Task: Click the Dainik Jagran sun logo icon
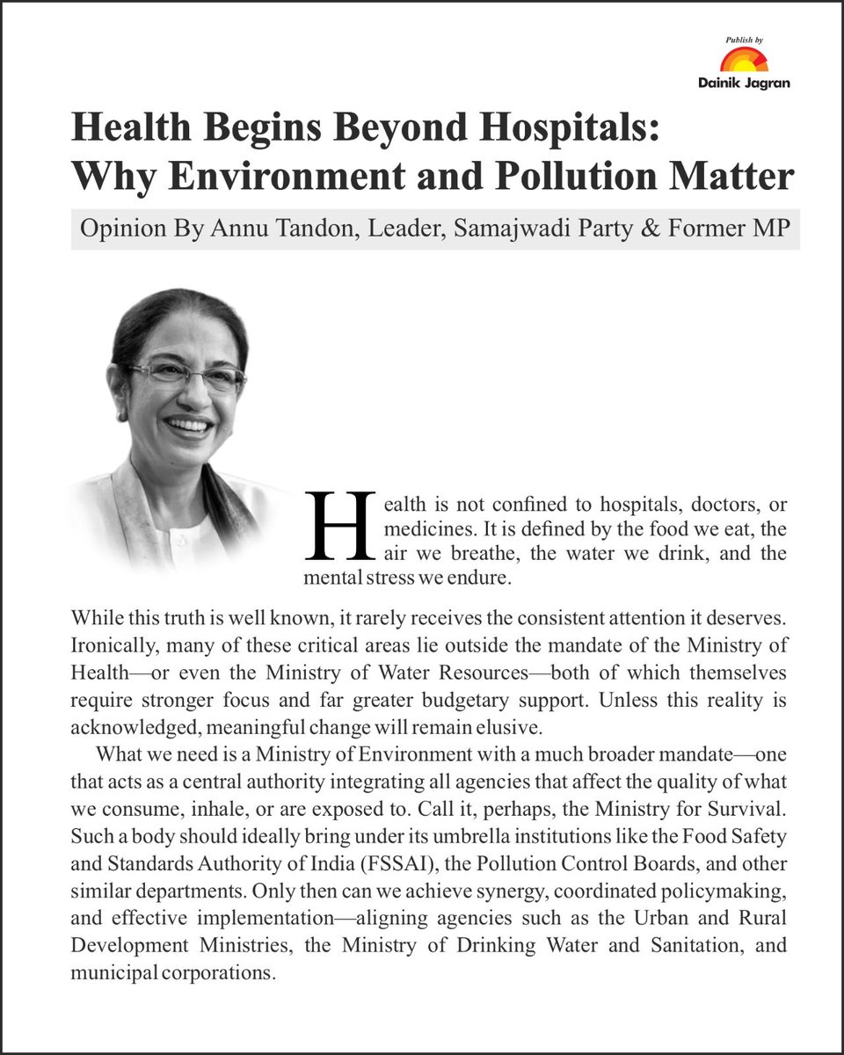(744, 61)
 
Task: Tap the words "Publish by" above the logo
(745, 40)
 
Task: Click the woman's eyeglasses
(186, 374)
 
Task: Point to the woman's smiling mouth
(189, 426)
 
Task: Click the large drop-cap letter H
(339, 525)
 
